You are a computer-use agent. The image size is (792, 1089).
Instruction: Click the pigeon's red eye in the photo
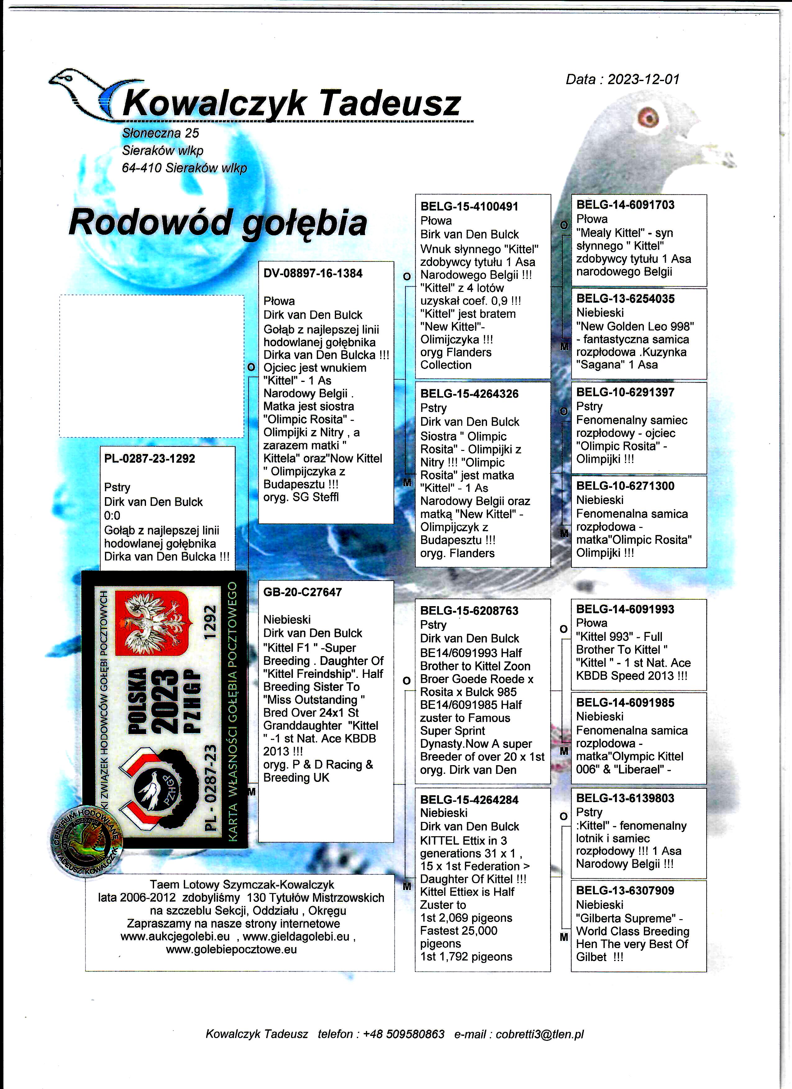649,116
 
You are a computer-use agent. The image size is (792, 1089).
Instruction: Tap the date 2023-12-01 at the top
644,79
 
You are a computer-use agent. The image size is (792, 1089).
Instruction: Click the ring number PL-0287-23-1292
149,459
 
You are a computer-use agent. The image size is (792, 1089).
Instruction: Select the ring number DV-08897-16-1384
313,273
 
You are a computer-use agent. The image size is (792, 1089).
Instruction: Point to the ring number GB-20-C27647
302,592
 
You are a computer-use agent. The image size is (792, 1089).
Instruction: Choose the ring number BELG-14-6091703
625,205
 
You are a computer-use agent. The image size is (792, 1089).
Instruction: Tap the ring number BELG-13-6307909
625,891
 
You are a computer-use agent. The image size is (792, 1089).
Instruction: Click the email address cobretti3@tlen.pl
539,1034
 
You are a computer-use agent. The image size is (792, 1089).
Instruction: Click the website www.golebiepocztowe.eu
231,949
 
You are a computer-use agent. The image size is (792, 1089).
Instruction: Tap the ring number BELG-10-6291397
625,392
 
